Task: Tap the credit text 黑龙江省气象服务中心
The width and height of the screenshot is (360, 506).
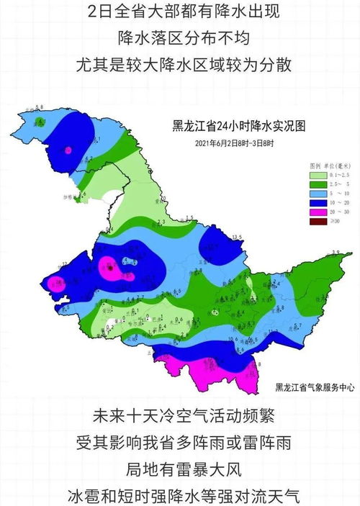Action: pos(315,387)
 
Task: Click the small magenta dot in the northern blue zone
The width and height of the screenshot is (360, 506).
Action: pos(68,150)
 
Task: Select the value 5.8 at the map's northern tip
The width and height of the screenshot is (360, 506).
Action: pos(41,107)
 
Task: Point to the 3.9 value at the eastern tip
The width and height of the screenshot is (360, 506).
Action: pos(335,251)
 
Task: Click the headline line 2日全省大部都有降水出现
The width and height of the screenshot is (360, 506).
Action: pos(180,12)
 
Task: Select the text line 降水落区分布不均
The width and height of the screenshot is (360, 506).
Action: pos(180,37)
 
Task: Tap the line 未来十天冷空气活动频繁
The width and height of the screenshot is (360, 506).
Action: pos(180,416)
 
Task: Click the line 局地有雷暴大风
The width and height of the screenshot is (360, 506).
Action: pos(180,468)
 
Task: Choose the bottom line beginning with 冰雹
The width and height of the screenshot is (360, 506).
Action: pos(180,494)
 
